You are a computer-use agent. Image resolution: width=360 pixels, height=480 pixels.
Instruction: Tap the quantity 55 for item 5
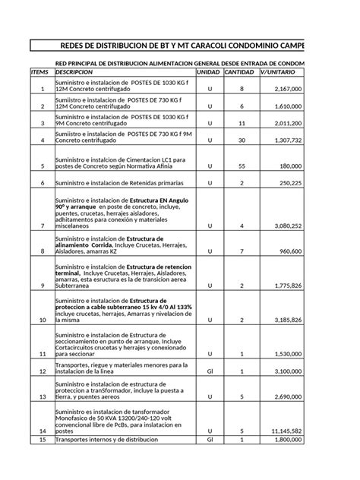[x=241, y=166]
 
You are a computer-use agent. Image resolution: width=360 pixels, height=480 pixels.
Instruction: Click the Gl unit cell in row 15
[x=210, y=439]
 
